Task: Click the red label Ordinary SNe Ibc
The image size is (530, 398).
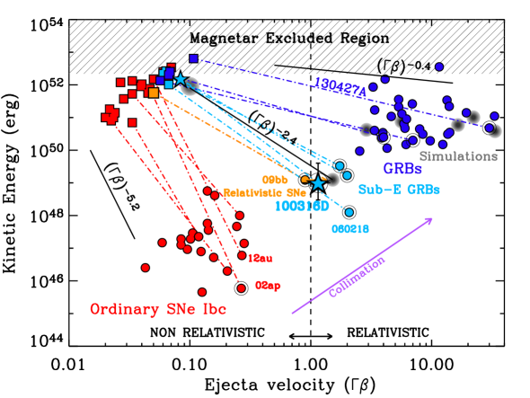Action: [x=158, y=309]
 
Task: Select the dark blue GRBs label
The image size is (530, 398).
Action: [x=402, y=168]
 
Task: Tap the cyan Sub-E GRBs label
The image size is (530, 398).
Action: [x=399, y=190]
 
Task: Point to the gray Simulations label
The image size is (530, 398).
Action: [x=458, y=156]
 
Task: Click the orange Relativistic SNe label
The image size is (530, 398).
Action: [x=265, y=192]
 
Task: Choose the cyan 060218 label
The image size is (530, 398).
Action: [x=350, y=229]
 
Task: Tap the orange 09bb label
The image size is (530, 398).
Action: [x=274, y=181]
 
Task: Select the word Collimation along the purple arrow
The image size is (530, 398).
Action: [x=357, y=276]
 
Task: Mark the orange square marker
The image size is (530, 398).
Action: [x=154, y=93]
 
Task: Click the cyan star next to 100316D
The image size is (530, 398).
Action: [x=318, y=182]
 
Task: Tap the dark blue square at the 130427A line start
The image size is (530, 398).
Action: [x=193, y=59]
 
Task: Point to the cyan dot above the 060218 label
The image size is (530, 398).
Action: [x=349, y=212]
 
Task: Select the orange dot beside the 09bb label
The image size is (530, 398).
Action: [x=305, y=180]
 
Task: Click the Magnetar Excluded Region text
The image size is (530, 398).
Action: [x=289, y=40]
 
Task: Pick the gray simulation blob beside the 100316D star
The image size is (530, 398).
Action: [x=333, y=180]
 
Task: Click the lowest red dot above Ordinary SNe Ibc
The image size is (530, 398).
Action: [x=202, y=292]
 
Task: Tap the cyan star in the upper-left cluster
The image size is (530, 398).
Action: [x=180, y=80]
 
